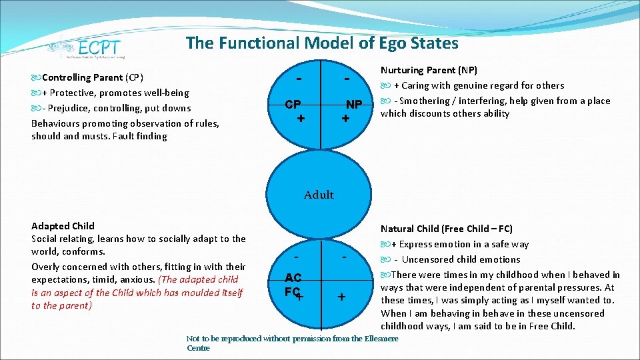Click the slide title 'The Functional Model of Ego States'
point(322,43)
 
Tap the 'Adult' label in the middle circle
point(319,195)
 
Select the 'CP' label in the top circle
point(293,105)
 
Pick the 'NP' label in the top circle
point(353,105)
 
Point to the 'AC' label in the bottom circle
point(293,277)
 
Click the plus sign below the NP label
point(345,118)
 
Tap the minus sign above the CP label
point(301,79)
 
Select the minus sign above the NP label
point(347,79)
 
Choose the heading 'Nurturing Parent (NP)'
point(429,70)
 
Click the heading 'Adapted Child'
point(63,226)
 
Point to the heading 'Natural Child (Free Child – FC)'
point(446,229)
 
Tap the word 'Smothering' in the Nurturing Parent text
point(425,101)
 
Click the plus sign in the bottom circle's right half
point(341,297)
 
